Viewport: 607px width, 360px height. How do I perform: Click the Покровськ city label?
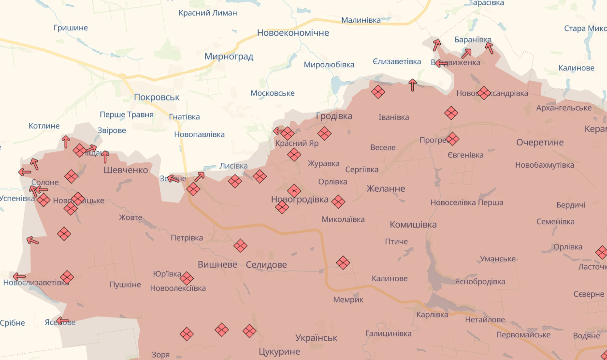(157, 97)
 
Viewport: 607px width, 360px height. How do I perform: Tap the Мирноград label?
(229, 57)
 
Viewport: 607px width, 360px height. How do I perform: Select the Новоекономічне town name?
(293, 33)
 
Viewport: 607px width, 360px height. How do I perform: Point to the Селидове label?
(266, 265)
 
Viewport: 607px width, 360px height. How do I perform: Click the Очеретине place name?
(540, 143)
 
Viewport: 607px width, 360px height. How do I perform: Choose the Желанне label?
(386, 188)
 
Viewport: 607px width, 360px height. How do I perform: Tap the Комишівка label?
(413, 224)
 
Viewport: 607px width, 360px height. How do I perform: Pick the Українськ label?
(317, 338)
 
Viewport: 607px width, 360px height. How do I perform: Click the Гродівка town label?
(334, 116)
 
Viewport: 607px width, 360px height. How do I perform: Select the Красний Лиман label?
(208, 13)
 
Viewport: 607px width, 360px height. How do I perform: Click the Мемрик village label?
(348, 300)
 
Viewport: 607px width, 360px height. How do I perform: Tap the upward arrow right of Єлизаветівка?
(412, 85)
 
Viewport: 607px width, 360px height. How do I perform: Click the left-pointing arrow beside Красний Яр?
(278, 131)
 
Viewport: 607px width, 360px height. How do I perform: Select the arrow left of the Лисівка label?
(199, 176)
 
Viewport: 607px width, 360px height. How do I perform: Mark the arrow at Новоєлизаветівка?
(19, 277)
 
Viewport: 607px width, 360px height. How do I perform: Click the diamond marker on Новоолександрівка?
(484, 93)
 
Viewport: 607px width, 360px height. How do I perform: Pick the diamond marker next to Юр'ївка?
(187, 278)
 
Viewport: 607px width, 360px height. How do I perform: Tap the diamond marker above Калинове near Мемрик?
(343, 263)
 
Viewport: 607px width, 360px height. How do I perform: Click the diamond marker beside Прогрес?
(452, 139)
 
